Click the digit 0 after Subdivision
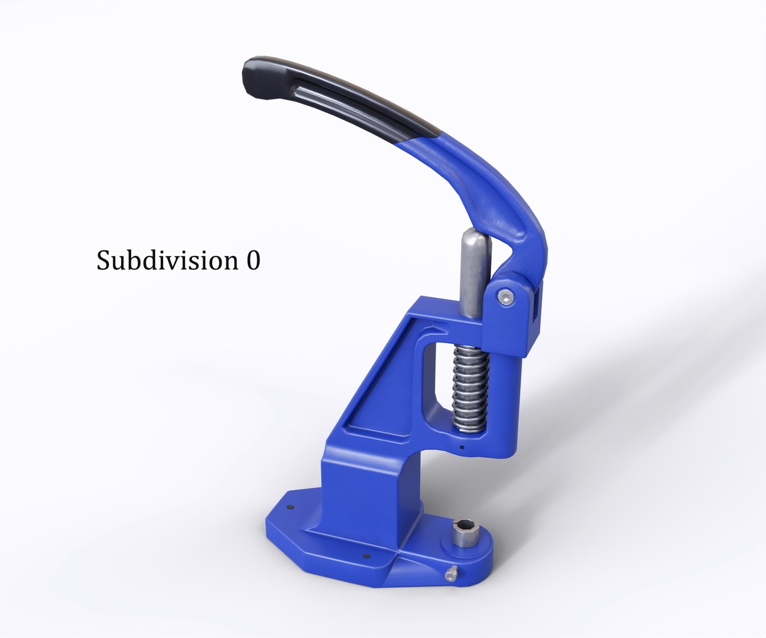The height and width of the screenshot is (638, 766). coord(252,261)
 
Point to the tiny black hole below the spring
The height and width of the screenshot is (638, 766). coord(462,447)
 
